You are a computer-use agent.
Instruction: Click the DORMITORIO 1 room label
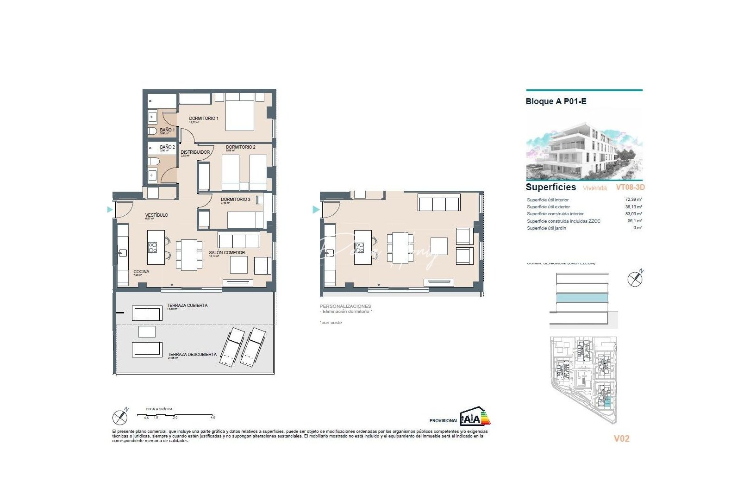pos(203,119)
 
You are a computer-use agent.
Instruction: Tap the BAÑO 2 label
pos(167,147)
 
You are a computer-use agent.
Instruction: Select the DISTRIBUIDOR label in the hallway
pos(195,152)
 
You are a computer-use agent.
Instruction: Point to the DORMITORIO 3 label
pos(235,200)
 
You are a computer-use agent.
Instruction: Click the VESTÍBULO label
pos(156,215)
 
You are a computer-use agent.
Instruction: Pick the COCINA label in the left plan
pos(141,272)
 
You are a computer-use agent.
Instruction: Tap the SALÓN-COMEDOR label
pos(227,253)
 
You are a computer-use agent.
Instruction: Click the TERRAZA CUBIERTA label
pos(187,306)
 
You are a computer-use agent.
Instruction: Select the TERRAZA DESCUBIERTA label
pos(192,355)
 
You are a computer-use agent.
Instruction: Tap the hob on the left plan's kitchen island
pos(153,247)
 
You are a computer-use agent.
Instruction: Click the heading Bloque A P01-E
pos(556,101)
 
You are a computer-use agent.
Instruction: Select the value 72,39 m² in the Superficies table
pos(633,200)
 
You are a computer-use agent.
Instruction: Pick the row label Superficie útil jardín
pos(546,228)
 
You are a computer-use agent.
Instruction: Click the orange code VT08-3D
pos(630,187)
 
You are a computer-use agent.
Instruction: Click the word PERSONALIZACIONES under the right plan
pos(345,306)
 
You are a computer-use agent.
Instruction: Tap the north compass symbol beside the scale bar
pos(120,418)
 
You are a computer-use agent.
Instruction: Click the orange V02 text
pos(621,438)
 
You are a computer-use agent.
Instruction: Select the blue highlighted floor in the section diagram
pos(582,298)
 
